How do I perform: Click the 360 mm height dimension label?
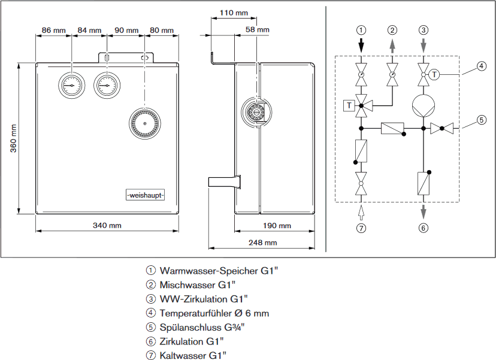tap(14, 138)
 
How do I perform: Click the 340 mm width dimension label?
tap(107, 225)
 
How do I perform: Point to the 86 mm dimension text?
tap(54, 30)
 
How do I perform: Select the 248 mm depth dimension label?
tap(263, 243)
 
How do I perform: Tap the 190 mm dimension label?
tap(276, 225)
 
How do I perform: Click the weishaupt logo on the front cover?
tap(145, 195)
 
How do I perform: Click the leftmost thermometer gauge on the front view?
tap(71, 84)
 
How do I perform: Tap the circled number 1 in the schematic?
tap(361, 30)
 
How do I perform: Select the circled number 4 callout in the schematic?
tap(482, 66)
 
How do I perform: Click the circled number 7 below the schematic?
tap(361, 228)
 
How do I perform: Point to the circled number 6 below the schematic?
tap(424, 228)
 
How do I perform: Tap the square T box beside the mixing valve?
tap(348, 106)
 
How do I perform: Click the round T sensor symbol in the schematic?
tap(435, 74)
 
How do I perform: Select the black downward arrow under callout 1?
tap(361, 45)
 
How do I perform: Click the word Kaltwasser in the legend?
tap(183, 356)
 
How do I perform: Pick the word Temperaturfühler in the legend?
tap(194, 313)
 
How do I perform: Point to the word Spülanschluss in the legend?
tap(189, 327)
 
